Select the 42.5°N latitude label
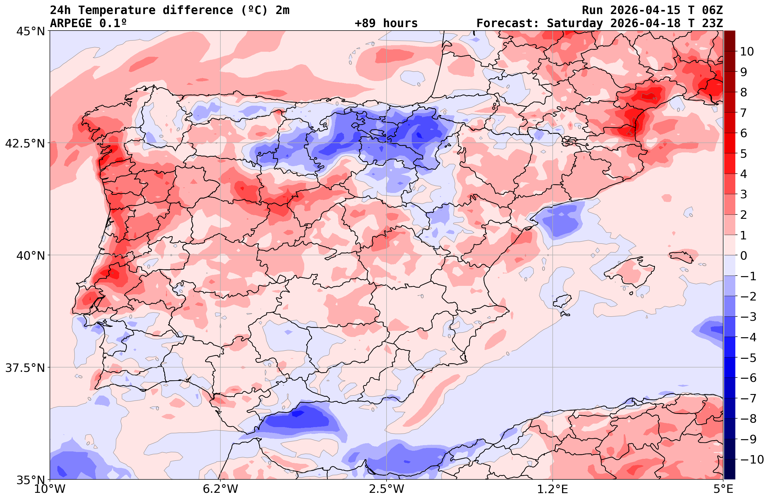pyautogui.click(x=25, y=143)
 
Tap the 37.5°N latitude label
pyautogui.click(x=25, y=368)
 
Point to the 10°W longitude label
pyautogui.click(x=50, y=489)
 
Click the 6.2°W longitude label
pyautogui.click(x=220, y=489)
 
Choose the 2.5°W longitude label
pyautogui.click(x=387, y=489)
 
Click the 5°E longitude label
pyautogui.click(x=723, y=489)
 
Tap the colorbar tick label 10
pyautogui.click(x=746, y=51)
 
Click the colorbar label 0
pyautogui.click(x=743, y=256)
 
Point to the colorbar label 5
pyautogui.click(x=743, y=154)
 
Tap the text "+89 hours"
pyautogui.click(x=386, y=23)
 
